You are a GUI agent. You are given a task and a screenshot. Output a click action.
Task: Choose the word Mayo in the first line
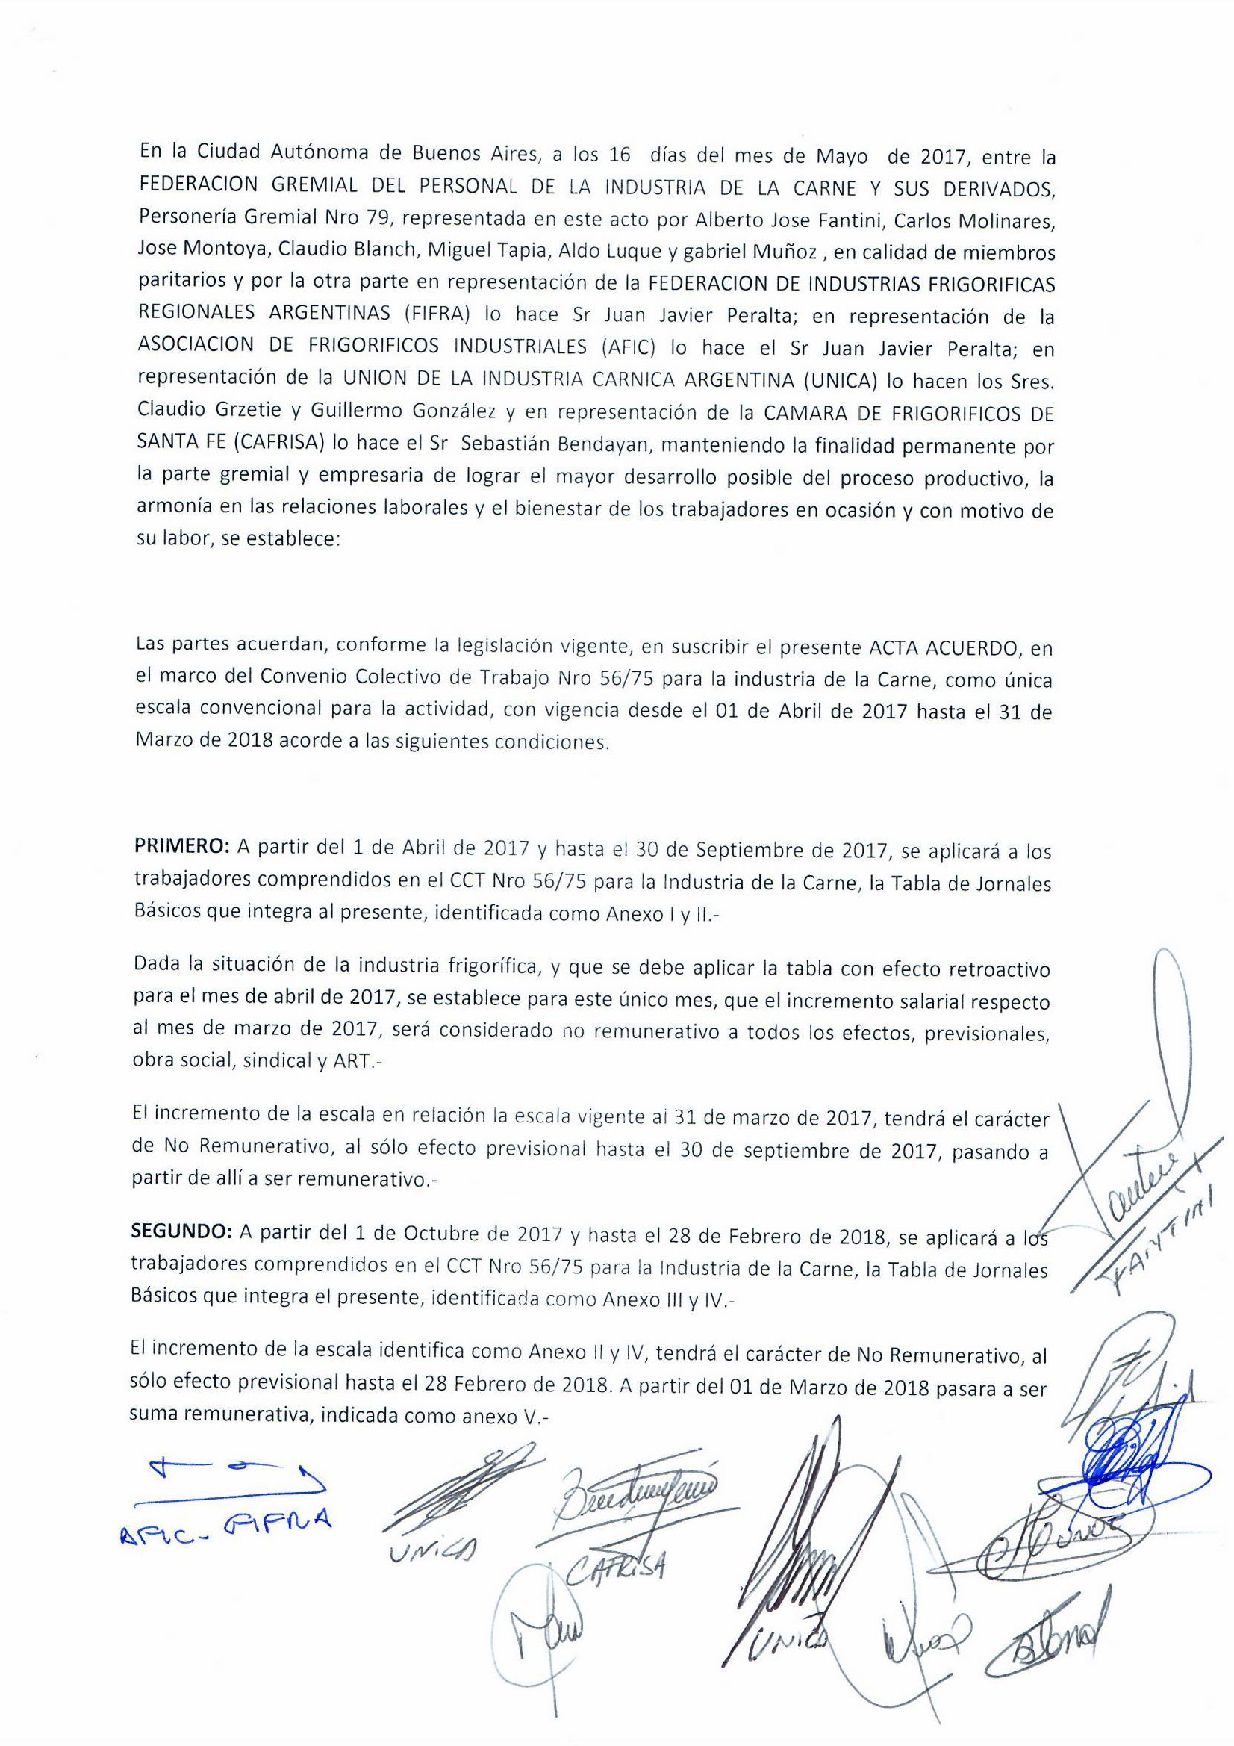[841, 158]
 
